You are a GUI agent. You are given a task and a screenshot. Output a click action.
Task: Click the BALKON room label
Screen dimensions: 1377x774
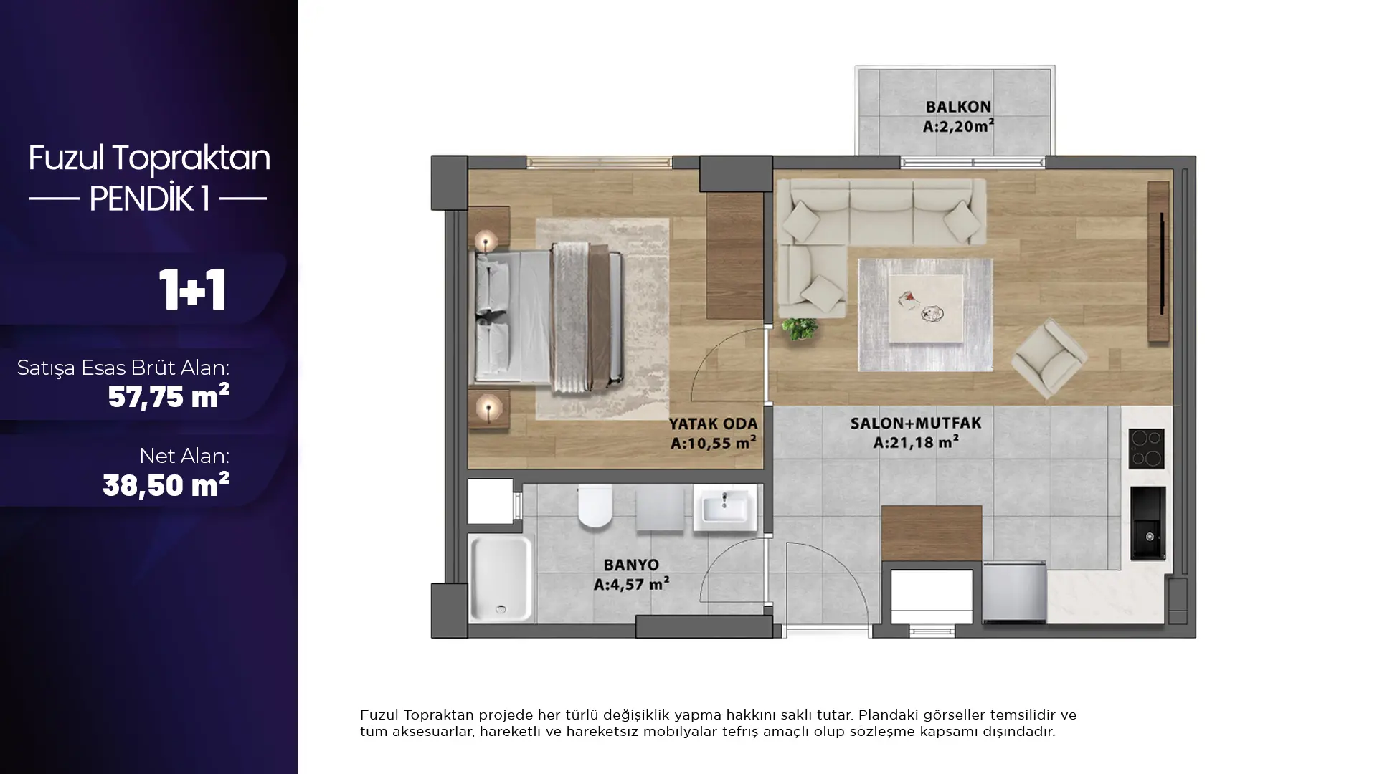(958, 107)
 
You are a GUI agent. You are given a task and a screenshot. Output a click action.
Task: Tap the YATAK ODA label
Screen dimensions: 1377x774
(713, 424)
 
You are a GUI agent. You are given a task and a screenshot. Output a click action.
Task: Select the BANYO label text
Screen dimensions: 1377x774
(631, 565)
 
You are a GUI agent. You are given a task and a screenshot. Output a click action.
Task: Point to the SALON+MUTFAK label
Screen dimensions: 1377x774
(916, 424)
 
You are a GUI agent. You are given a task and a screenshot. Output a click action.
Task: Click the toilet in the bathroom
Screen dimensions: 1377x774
(595, 505)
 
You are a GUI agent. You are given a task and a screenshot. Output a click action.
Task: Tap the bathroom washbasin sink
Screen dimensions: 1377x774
(725, 507)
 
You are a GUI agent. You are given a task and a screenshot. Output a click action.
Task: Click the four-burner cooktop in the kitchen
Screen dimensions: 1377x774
(1146, 449)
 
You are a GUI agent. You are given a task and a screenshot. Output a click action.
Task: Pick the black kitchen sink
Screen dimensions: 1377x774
(1147, 523)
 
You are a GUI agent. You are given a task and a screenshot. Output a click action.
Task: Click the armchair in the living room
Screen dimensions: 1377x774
(1049, 358)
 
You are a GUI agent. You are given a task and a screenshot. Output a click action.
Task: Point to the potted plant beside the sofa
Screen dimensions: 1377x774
(800, 329)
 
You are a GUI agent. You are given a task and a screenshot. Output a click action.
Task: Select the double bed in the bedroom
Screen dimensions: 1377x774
(549, 317)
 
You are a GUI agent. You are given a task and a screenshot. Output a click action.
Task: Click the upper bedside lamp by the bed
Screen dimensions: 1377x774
(487, 241)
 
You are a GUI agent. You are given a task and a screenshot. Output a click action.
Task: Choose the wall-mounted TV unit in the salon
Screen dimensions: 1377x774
(1158, 262)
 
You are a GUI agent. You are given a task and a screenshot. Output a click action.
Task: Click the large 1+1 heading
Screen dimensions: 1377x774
(192, 290)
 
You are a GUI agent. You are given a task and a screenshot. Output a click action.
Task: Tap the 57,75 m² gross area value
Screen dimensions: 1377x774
(169, 396)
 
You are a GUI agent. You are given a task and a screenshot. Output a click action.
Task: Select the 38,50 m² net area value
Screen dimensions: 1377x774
(166, 485)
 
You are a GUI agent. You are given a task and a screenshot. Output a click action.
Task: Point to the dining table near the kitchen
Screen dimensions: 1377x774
(932, 533)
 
